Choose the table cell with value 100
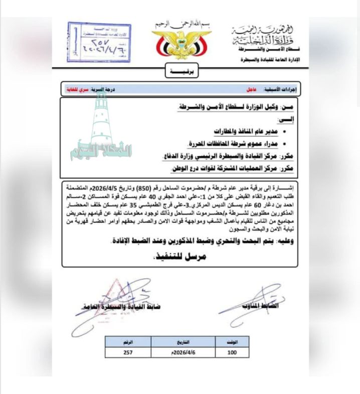[232, 352]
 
